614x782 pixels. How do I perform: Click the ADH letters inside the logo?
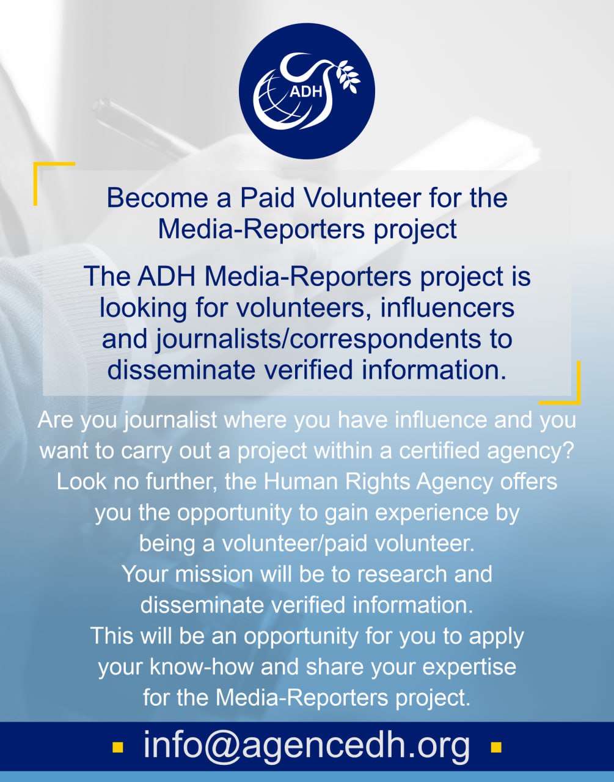pos(305,92)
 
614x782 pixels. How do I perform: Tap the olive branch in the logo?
pos(348,76)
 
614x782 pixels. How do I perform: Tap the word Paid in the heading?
pos(267,198)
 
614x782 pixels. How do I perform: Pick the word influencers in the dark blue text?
pos(447,308)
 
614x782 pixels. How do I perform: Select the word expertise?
pos(469,668)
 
